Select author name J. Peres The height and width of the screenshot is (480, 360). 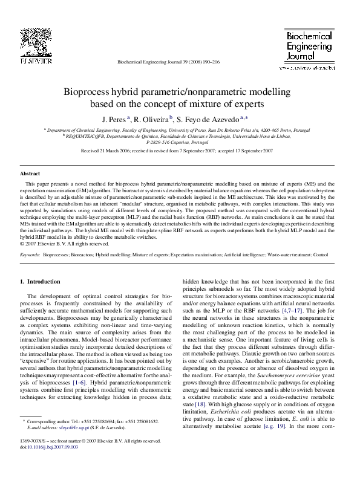pyautogui.click(x=114, y=119)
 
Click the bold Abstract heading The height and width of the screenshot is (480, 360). pyautogui.click(x=30, y=174)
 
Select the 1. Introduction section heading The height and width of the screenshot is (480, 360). pyautogui.click(x=41, y=282)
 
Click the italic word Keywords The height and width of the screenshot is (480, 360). pyautogui.click(x=30, y=256)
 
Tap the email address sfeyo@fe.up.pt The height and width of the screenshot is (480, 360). pyautogui.click(x=67, y=427)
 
